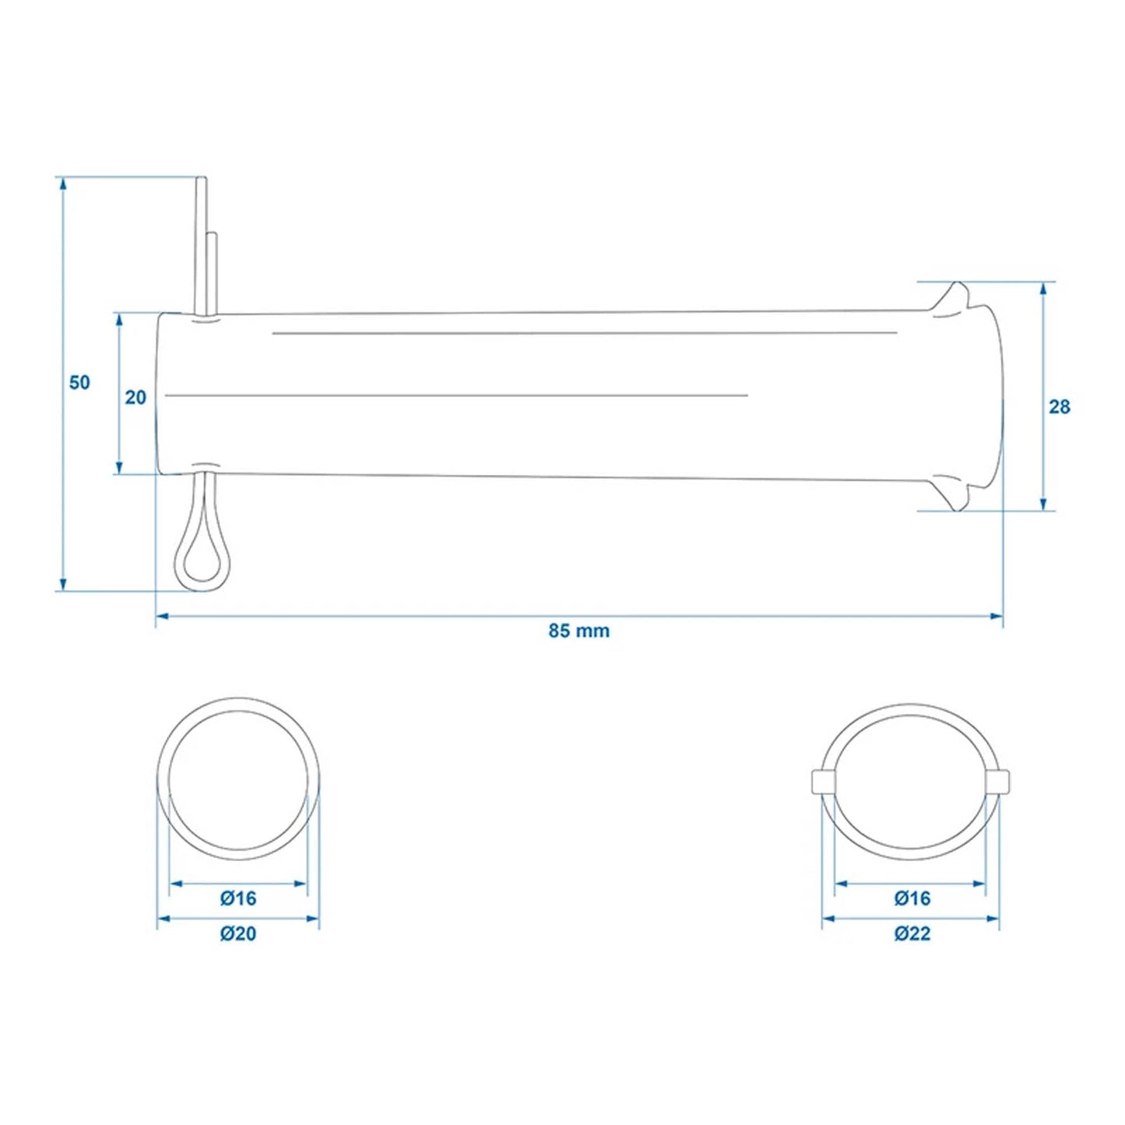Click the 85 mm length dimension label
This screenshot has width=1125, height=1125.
578,631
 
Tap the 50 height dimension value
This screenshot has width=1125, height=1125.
79,382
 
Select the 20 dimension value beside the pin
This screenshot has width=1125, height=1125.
135,397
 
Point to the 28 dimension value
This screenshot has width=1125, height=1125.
1059,406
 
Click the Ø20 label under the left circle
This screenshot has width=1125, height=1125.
237,933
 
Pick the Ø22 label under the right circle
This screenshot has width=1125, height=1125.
912,933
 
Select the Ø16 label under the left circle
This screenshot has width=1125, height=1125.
237,898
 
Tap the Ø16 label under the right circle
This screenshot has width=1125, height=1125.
912,898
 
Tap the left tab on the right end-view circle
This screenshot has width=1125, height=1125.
822,781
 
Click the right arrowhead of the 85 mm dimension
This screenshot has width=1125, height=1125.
997,617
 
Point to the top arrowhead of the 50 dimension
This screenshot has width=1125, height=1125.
62,184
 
